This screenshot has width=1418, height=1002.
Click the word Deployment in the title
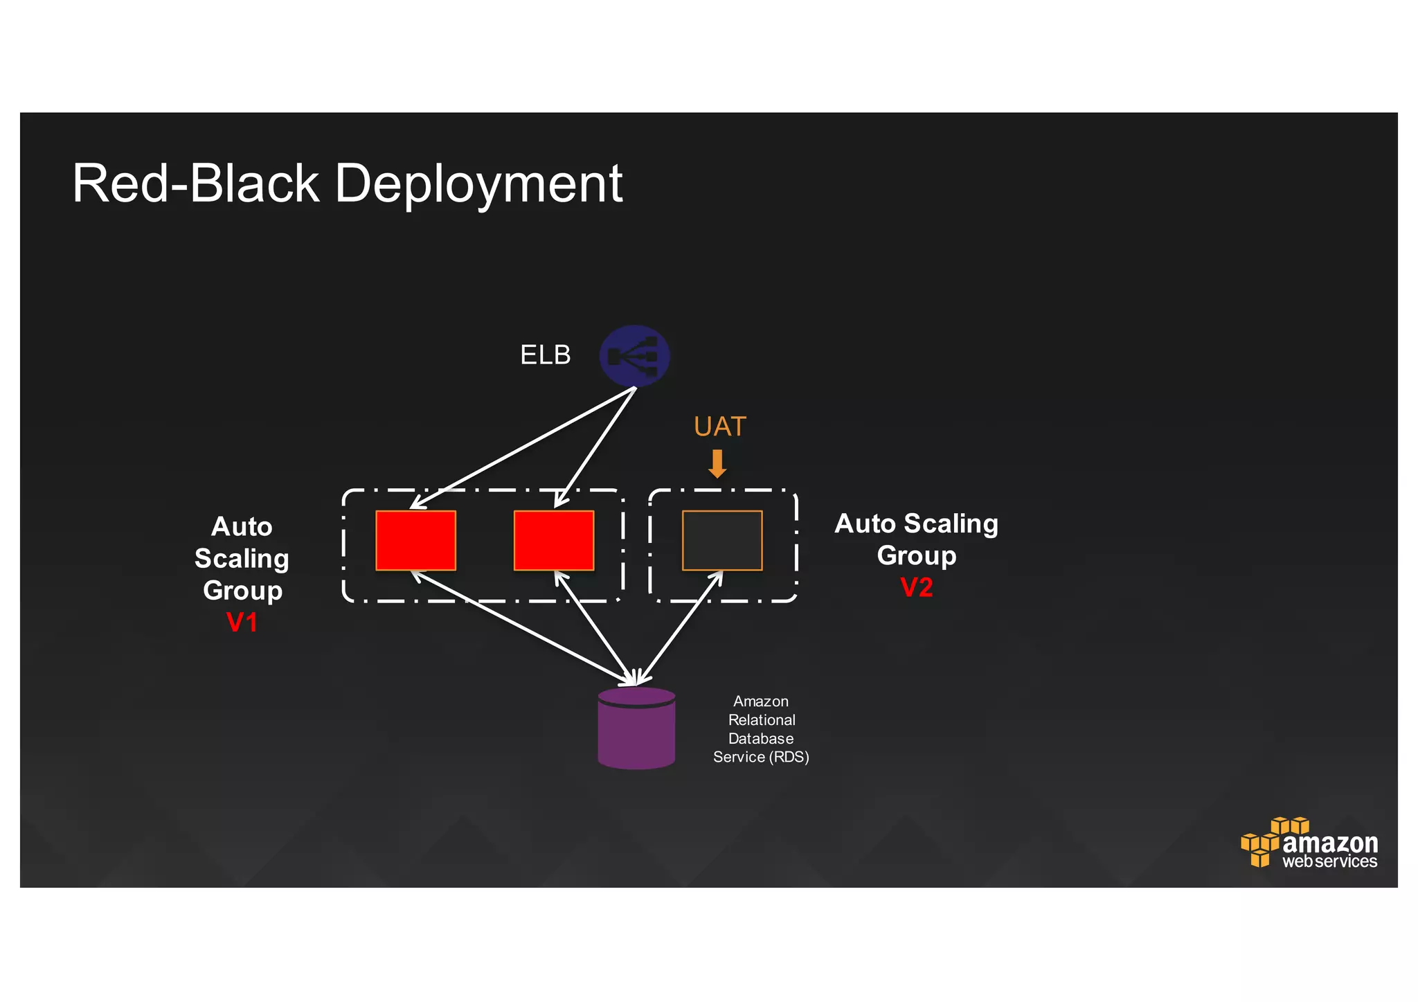coord(478,184)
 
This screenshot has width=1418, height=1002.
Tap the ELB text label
coord(545,355)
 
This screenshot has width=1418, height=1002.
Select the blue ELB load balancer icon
coord(634,356)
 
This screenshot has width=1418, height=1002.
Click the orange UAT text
coord(719,427)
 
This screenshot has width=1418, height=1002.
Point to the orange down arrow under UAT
coord(717,464)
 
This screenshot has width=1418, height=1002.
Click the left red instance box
coord(415,541)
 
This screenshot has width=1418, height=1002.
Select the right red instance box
coord(553,541)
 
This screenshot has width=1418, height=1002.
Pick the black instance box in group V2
coord(722,541)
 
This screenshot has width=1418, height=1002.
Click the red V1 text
coord(242,623)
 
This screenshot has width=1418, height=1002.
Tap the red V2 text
coord(916,588)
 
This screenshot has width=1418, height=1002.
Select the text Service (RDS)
coord(760,758)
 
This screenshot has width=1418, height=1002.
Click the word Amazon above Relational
coord(760,701)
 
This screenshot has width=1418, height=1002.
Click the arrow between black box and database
coord(681,627)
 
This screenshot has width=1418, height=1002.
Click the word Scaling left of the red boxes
coord(242,559)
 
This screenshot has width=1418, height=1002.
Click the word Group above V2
coord(916,556)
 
